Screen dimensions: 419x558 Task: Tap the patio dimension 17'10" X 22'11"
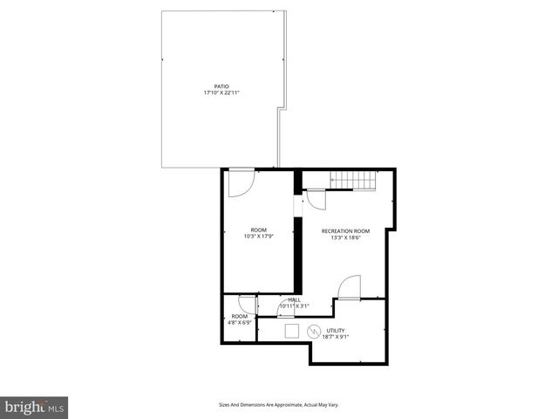tap(221, 93)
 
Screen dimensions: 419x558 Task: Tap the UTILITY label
tap(336, 330)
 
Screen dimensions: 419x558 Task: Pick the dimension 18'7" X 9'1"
tap(336, 336)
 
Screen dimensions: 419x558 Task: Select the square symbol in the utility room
tap(291, 330)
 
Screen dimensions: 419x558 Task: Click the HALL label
tap(295, 299)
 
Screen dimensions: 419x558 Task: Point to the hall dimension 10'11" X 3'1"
tap(295, 306)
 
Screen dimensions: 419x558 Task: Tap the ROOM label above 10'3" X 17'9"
tap(258, 230)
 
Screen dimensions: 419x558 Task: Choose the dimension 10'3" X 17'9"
tap(258, 237)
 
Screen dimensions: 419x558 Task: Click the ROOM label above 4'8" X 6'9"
tap(239, 316)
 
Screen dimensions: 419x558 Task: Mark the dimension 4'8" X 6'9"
tap(239, 323)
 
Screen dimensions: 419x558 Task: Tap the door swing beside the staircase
tap(316, 199)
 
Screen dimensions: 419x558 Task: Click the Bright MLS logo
tap(35, 406)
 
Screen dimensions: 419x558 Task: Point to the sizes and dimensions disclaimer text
tap(278, 405)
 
